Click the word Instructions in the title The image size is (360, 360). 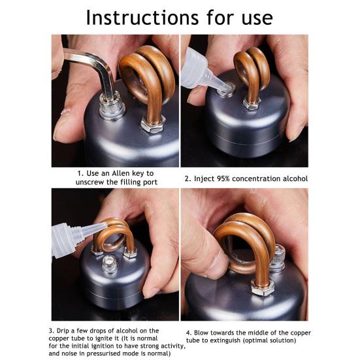(142, 18)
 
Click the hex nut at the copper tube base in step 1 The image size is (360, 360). (153, 124)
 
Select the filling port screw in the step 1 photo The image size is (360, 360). (112, 106)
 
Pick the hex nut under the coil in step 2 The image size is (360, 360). (252, 103)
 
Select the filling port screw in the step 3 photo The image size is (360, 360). (110, 264)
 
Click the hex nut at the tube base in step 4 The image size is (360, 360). (263, 287)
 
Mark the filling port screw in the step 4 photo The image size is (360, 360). (278, 258)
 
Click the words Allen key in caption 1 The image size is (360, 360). (129, 174)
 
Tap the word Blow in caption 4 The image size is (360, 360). (201, 333)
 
